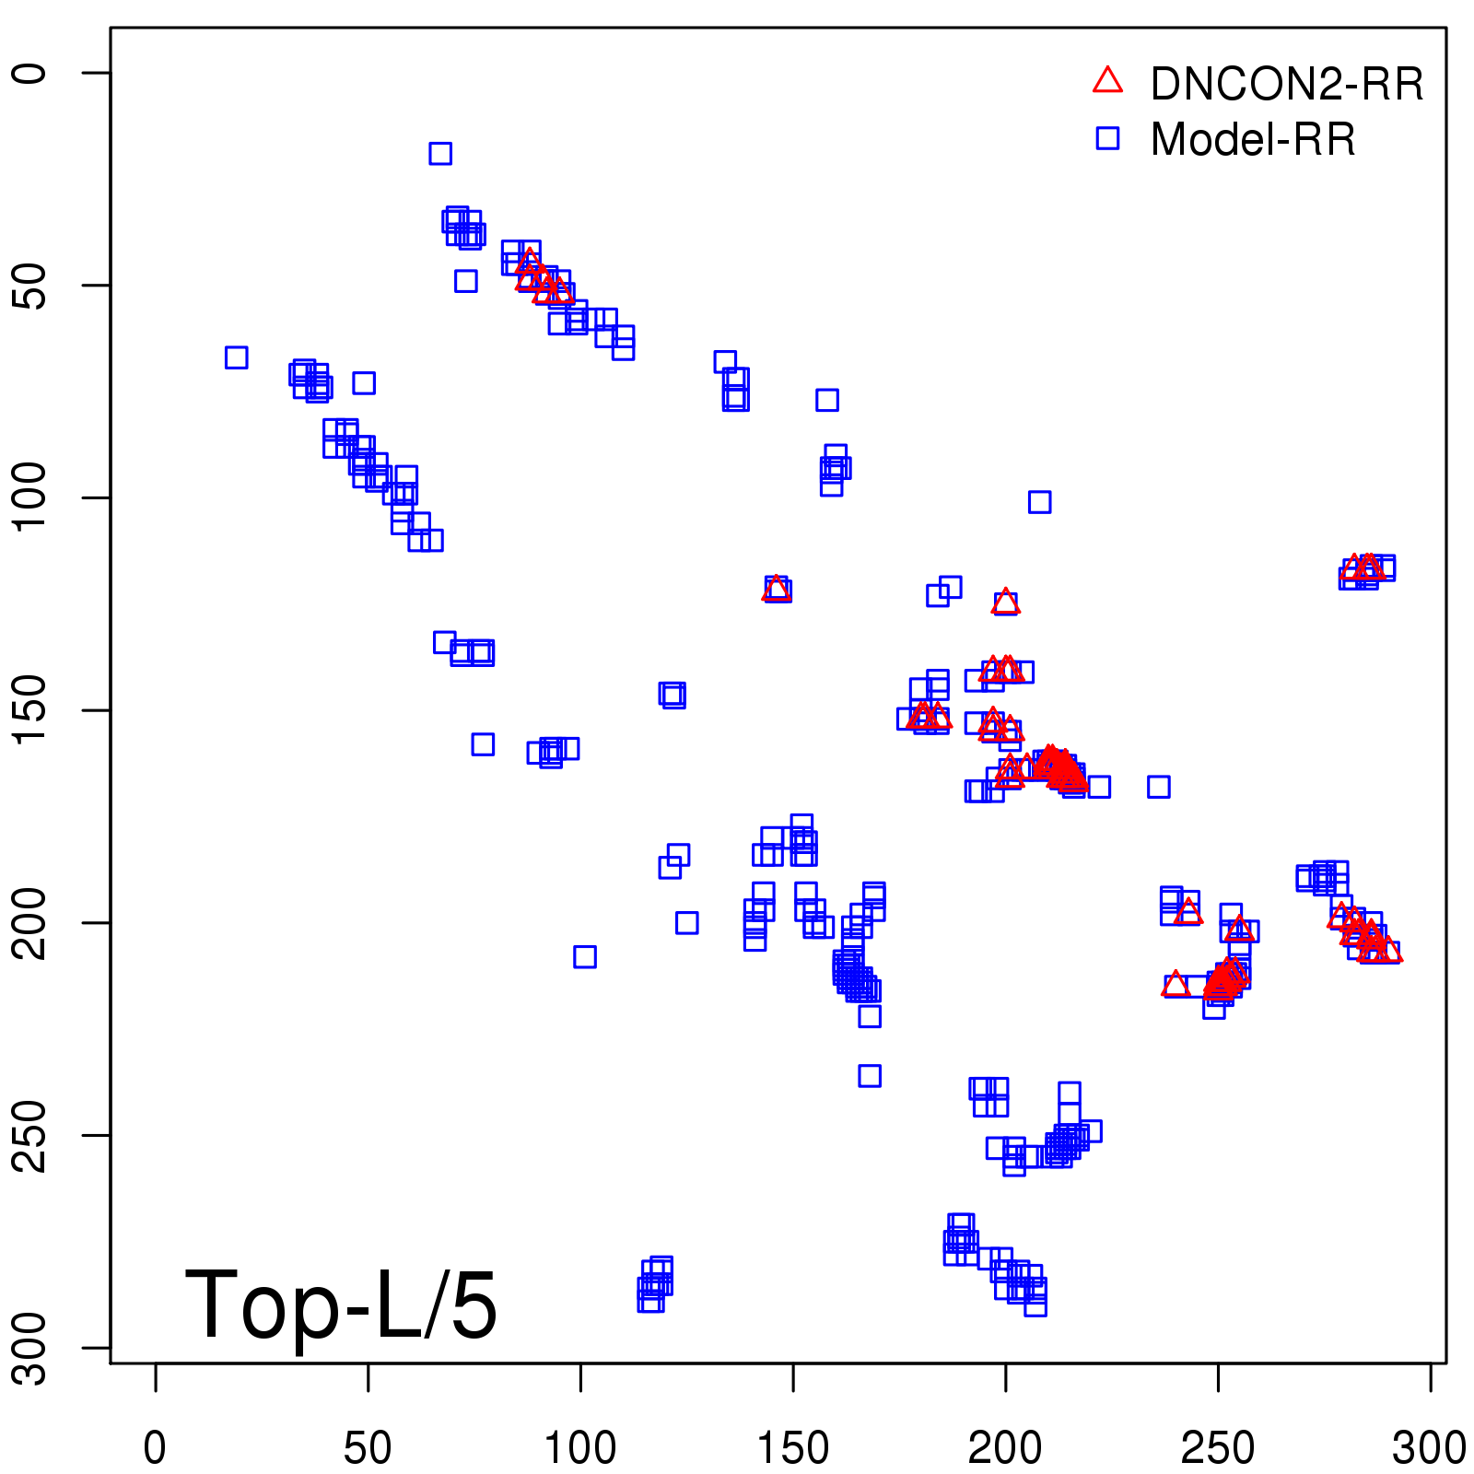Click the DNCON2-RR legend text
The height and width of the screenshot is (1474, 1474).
click(x=1286, y=84)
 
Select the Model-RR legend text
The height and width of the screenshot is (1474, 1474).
click(x=1253, y=139)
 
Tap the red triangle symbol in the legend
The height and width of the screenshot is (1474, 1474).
click(x=1107, y=81)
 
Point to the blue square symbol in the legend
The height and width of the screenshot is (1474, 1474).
click(x=1107, y=138)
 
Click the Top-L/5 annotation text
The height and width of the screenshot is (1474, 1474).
click(x=341, y=1304)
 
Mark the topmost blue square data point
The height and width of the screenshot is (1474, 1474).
click(x=440, y=153)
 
